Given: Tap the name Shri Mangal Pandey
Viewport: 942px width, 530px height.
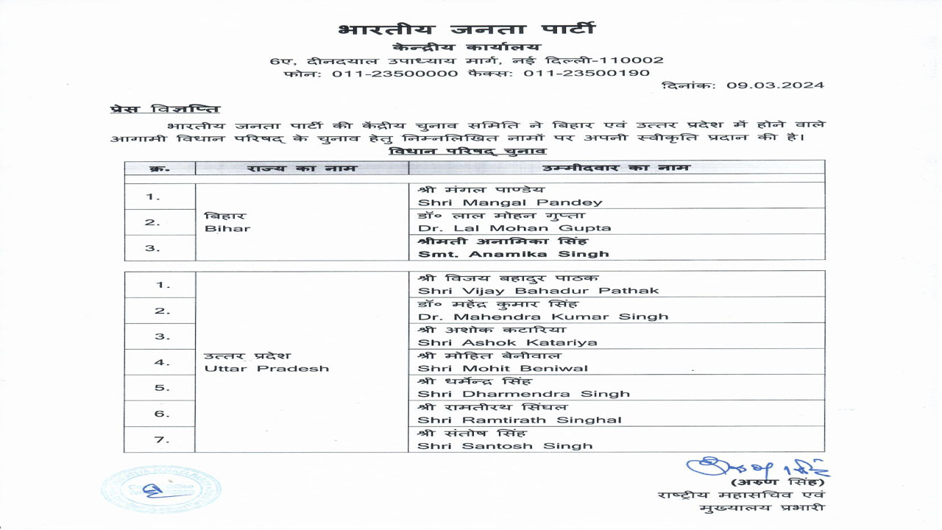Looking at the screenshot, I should pyautogui.click(x=510, y=202).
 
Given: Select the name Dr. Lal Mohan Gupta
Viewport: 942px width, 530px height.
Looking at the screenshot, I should pyautogui.click(x=514, y=227).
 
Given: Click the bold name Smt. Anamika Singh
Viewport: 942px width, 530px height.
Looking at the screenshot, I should pyautogui.click(x=513, y=253).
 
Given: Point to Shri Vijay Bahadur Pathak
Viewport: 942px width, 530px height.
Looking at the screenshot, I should pyautogui.click(x=538, y=290).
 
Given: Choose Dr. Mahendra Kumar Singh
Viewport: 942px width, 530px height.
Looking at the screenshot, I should pyautogui.click(x=543, y=316).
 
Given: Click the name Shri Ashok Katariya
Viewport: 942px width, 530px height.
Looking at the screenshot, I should pyautogui.click(x=507, y=342).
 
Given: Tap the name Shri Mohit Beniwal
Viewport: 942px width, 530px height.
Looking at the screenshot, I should pyautogui.click(x=503, y=367).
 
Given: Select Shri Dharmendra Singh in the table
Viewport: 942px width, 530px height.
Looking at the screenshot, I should pyautogui.click(x=523, y=393).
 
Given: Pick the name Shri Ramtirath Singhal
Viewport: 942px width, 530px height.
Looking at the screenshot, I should pyautogui.click(x=520, y=420).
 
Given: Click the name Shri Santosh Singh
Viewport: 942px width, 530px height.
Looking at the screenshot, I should pyautogui.click(x=505, y=445).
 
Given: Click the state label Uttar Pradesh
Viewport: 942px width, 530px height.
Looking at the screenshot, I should pyautogui.click(x=266, y=367).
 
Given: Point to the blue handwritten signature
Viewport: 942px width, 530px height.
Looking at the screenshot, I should pyautogui.click(x=757, y=467).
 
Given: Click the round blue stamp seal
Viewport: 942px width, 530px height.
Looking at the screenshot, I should pyautogui.click(x=160, y=490).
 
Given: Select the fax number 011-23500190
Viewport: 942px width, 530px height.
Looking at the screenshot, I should pyautogui.click(x=587, y=73).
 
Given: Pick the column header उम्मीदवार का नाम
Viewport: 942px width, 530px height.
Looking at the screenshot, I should pyautogui.click(x=616, y=168).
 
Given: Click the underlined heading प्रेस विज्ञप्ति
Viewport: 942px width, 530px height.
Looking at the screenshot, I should pyautogui.click(x=165, y=110).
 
